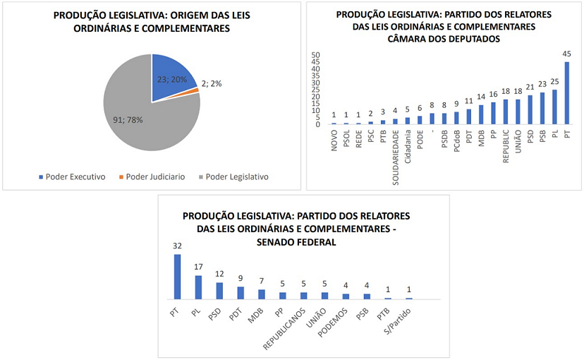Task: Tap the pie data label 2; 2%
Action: [x=212, y=83]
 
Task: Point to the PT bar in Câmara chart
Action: [x=566, y=93]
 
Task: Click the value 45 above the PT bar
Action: [x=566, y=54]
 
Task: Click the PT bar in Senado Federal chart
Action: [x=177, y=277]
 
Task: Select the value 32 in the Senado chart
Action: [x=177, y=246]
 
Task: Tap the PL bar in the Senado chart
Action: [x=198, y=287]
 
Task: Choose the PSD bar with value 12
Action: [x=219, y=291]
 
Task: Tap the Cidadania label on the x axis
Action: [x=408, y=145]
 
